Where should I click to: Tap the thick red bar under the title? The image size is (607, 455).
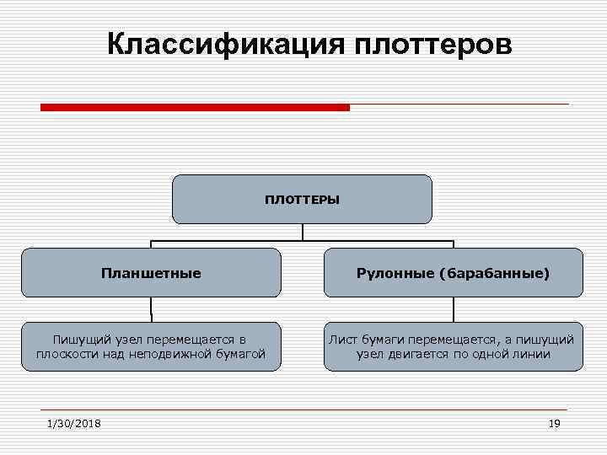(x=195, y=108)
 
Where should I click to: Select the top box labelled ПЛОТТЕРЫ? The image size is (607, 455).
(x=302, y=200)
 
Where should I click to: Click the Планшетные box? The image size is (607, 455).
(x=151, y=273)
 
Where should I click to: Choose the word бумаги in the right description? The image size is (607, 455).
(x=385, y=339)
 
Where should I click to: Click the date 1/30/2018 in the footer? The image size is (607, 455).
(x=74, y=423)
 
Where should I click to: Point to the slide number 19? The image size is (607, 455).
(x=553, y=423)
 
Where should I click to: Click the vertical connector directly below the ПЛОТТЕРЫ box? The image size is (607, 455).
(x=302, y=232)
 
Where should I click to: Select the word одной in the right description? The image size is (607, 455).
(x=492, y=354)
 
